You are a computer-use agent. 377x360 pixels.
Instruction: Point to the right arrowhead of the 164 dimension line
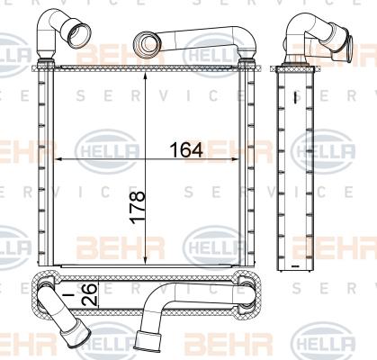[x=244, y=158]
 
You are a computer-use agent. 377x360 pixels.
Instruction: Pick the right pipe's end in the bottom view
[x=140, y=343]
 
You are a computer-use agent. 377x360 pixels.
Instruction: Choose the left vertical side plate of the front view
[x=40, y=166]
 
